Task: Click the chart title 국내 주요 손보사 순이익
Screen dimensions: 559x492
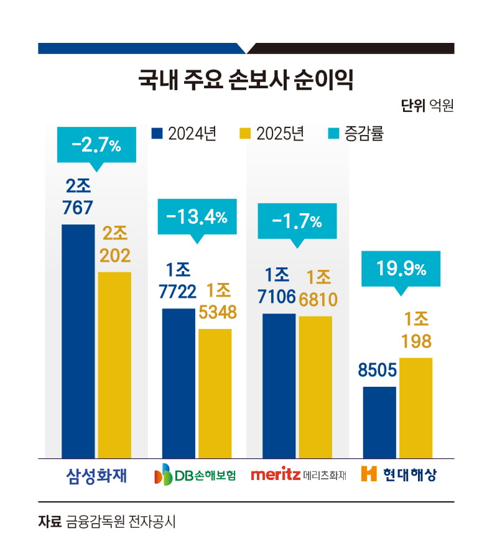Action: tap(246, 81)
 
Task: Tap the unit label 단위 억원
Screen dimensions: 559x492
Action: tap(427, 106)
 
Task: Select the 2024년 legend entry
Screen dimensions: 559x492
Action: tap(183, 134)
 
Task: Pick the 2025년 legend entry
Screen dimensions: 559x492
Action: tap(271, 134)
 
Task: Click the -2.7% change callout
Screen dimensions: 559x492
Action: tap(96, 146)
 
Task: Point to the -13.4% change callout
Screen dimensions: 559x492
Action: tap(197, 217)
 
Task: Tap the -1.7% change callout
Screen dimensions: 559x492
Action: tap(297, 221)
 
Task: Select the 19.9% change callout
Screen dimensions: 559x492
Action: tap(401, 269)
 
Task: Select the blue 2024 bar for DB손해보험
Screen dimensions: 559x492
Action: tap(179, 383)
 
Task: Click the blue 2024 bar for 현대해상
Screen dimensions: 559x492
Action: tap(379, 422)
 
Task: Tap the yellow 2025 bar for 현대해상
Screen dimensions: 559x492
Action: tap(415, 408)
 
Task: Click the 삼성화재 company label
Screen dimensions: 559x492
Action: tap(96, 476)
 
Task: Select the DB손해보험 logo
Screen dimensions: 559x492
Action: tap(195, 476)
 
